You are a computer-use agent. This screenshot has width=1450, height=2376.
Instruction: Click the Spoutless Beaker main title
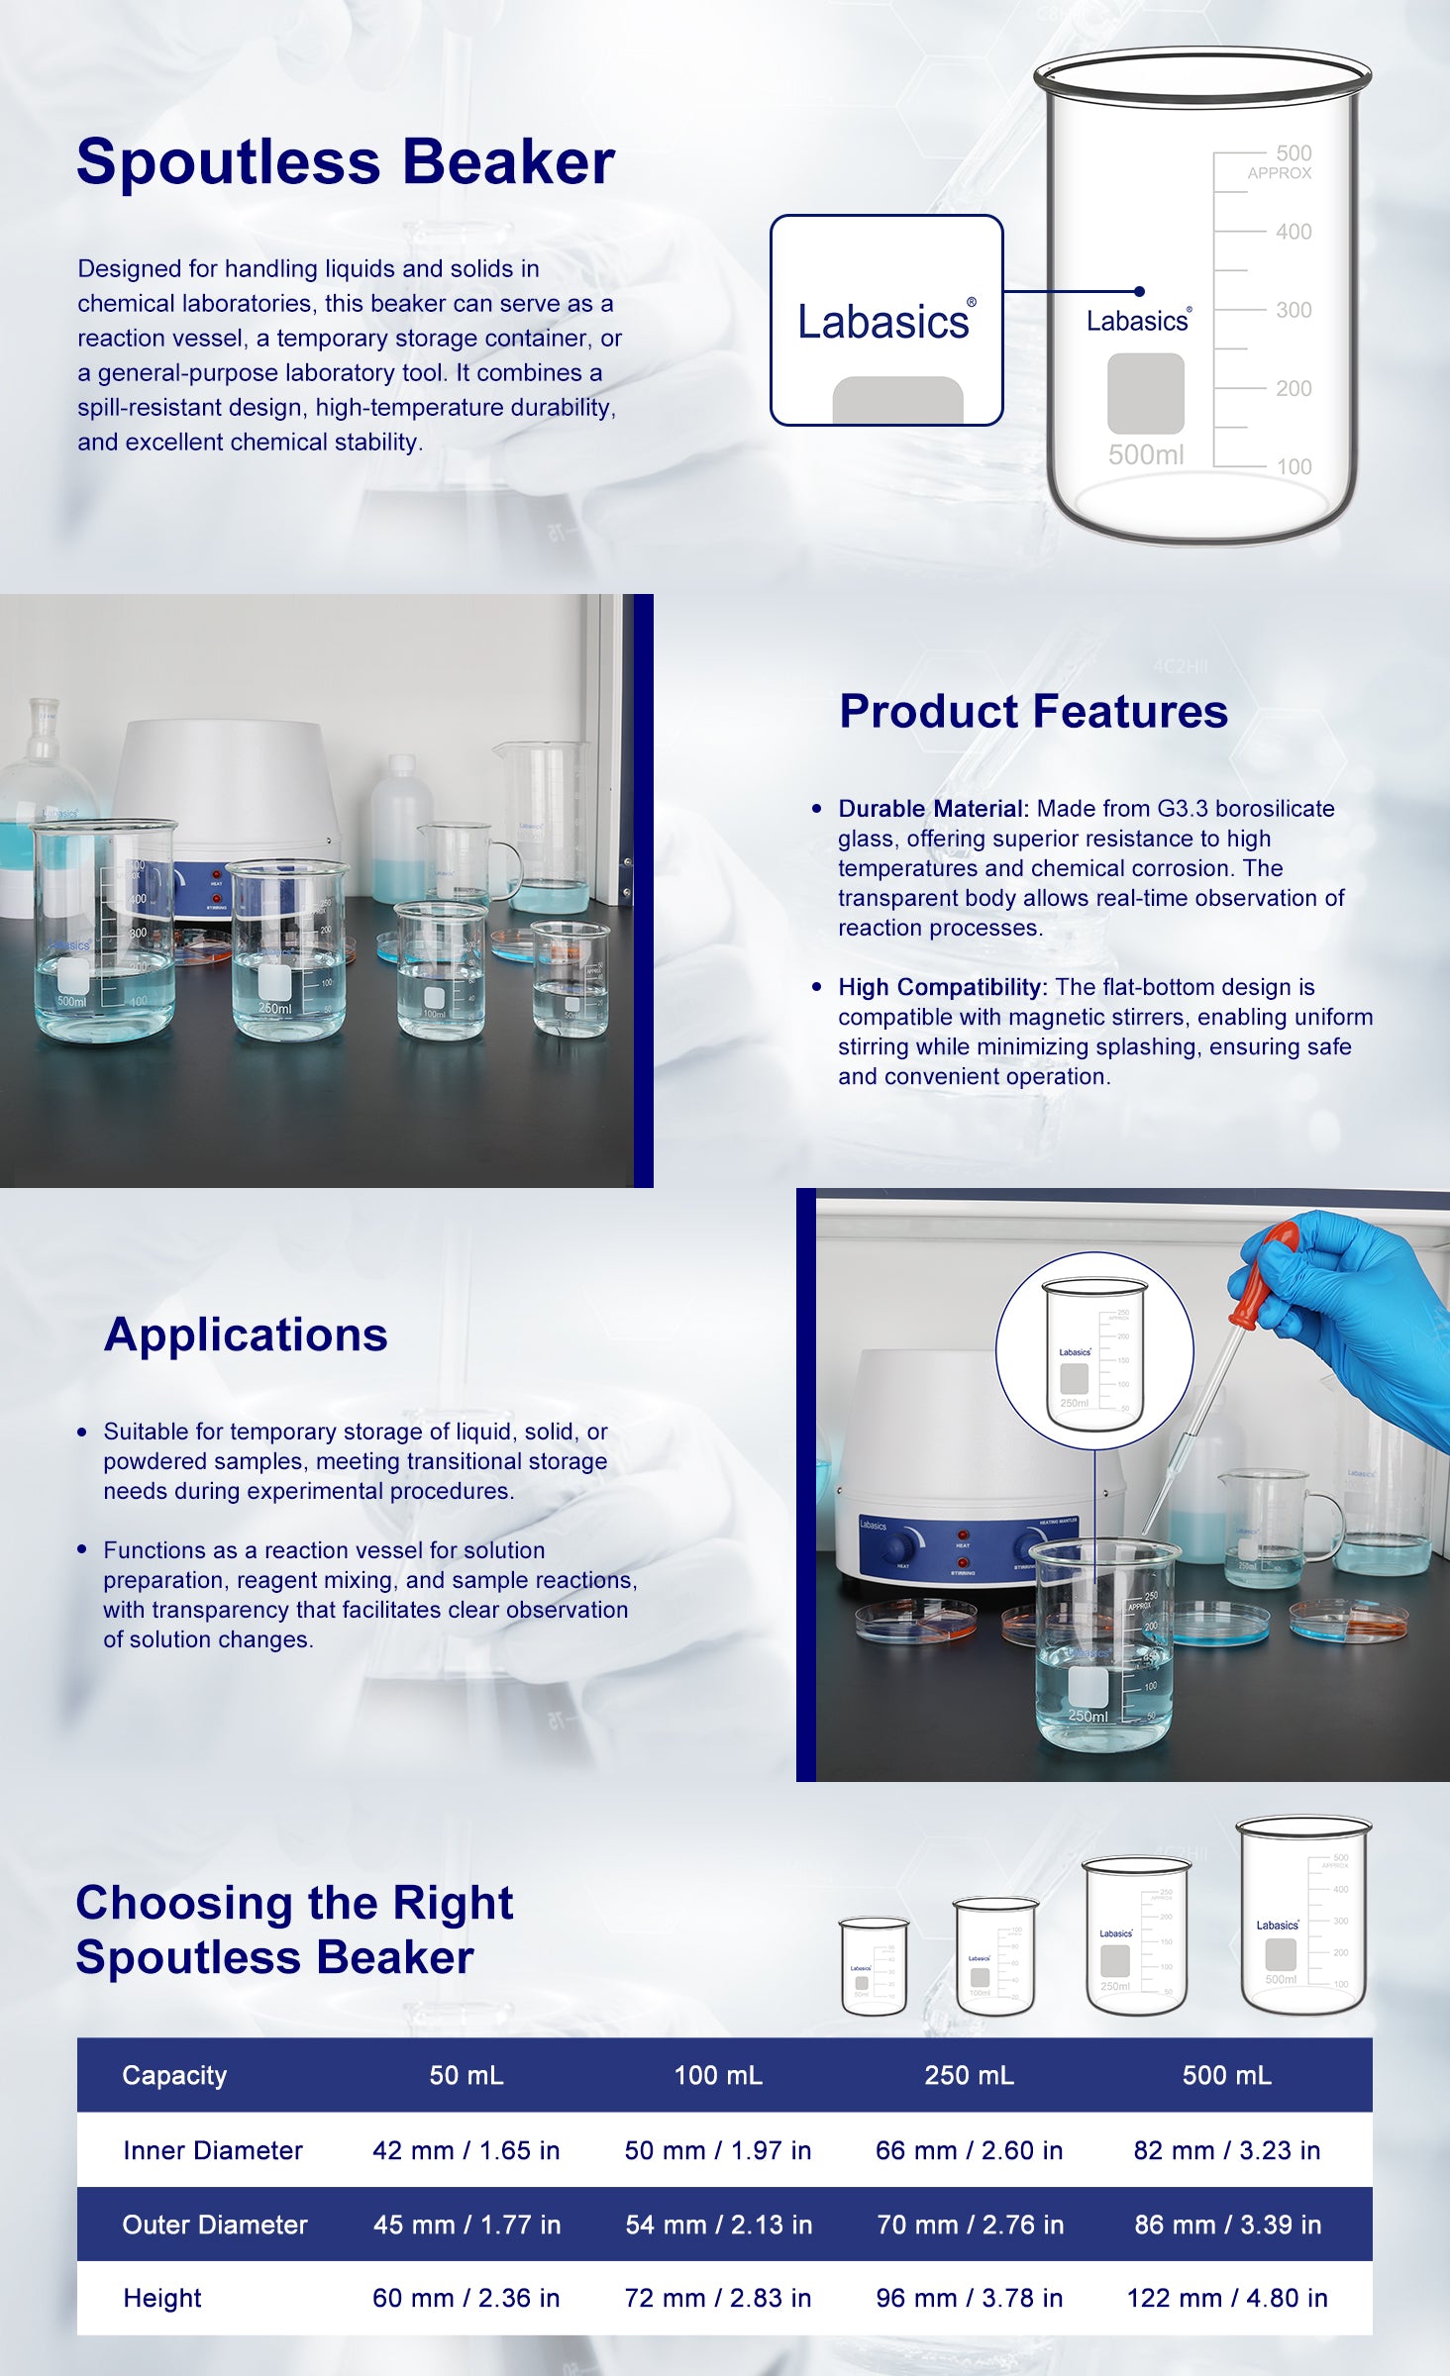346,161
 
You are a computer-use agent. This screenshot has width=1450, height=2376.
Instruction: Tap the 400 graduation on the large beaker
1294,232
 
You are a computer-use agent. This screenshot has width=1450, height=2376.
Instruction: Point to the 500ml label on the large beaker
1146,454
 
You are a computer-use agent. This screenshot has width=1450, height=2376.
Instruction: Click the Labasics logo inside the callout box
886,321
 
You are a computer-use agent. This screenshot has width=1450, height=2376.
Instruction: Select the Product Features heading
1033,711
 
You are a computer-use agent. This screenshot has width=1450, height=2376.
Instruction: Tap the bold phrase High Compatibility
942,987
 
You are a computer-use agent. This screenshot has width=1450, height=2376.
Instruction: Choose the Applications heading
246,1335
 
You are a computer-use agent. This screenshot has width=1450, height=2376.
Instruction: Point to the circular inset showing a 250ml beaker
1094,1350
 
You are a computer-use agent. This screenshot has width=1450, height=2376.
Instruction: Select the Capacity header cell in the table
174,2075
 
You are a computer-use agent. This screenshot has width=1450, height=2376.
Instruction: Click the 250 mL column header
969,2075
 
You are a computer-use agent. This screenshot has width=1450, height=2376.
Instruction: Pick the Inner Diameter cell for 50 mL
466,2150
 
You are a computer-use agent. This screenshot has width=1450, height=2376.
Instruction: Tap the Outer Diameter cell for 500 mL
1227,2225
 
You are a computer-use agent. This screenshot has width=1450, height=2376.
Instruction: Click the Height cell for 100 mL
717,2298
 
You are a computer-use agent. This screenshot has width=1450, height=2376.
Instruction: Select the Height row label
161,2298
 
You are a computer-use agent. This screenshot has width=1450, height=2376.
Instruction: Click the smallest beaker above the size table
874,1966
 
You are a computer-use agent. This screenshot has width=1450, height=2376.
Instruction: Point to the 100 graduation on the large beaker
1294,466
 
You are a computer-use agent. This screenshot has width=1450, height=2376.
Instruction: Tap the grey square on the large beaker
1145,393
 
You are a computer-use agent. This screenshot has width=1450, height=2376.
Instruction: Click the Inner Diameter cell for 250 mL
969,2150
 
